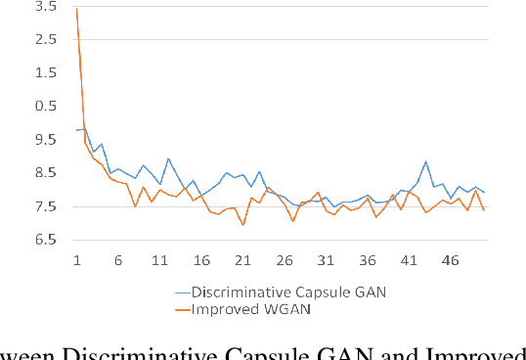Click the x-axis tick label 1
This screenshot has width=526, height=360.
[x=77, y=261]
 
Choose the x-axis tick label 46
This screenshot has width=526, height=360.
[x=451, y=261]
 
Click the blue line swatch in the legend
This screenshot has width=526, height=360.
[x=181, y=292]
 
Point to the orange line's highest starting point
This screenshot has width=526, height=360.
[x=76, y=9]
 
